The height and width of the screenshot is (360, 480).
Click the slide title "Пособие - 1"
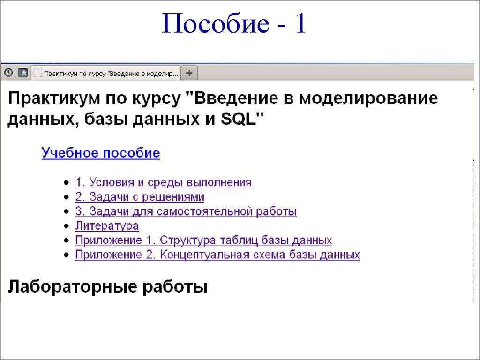(x=234, y=25)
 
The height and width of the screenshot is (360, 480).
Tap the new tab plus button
(x=189, y=73)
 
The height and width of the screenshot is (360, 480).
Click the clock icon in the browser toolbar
(x=8, y=73)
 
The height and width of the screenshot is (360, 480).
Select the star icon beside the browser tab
(x=23, y=73)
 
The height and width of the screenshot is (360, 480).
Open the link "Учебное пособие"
(x=101, y=153)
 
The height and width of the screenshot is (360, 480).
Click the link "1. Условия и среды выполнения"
(x=163, y=182)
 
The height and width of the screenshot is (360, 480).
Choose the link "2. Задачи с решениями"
(x=139, y=197)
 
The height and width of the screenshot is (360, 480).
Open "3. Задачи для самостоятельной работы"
(x=186, y=211)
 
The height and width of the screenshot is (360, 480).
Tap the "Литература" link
(x=107, y=226)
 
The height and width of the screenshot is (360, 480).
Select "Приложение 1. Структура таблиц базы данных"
(x=203, y=240)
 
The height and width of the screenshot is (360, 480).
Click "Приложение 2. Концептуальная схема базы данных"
(x=217, y=255)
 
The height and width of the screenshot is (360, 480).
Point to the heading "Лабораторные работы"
(x=107, y=286)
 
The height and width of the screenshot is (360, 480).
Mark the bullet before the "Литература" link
(x=66, y=226)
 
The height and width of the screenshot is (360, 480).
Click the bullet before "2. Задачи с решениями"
(x=66, y=197)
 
